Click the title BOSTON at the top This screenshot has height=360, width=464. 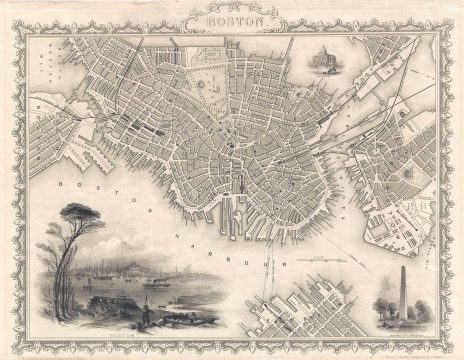point(232,18)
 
